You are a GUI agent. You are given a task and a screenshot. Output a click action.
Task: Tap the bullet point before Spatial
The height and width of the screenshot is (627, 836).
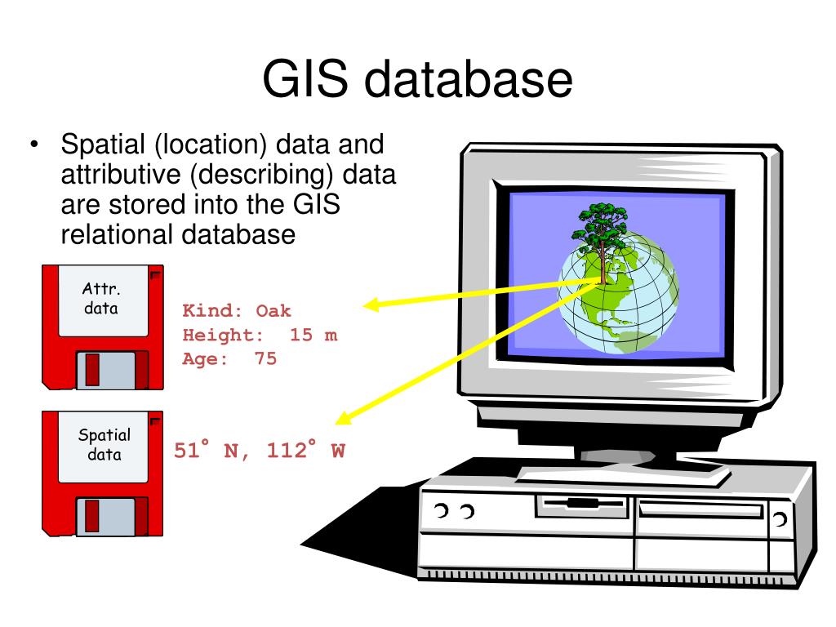coord(35,147)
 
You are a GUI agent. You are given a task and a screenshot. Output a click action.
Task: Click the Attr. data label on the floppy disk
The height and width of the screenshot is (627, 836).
coord(101,299)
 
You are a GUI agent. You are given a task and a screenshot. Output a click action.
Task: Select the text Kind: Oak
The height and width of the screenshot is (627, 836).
coord(237,311)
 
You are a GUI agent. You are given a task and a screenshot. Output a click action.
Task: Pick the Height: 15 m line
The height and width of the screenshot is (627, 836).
coord(260,335)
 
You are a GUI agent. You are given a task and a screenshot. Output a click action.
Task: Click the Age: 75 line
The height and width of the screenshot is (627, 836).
coord(229,358)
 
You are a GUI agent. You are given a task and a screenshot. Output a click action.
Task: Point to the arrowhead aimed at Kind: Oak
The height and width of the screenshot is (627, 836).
coord(371,305)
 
